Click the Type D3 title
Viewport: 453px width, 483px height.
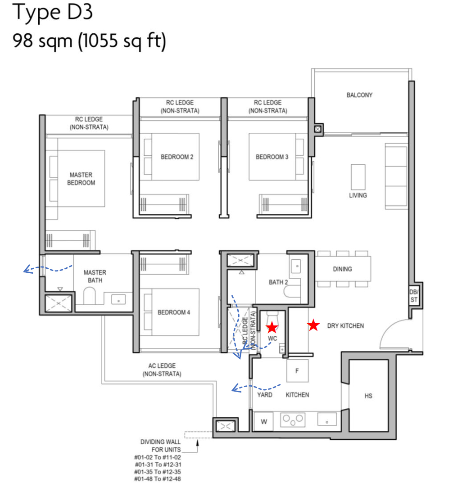(53, 13)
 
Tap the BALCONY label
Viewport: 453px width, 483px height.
(359, 95)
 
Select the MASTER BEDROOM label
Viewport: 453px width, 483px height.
(81, 179)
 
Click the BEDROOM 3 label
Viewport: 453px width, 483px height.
(272, 157)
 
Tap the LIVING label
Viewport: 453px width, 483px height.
(358, 195)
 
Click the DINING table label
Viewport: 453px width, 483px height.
(342, 269)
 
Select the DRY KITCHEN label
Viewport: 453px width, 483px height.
(345, 325)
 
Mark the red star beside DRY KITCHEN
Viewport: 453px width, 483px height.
(313, 325)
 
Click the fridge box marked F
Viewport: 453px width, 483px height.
(297, 371)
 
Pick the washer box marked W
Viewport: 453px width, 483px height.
(264, 422)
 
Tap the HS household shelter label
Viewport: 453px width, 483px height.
(368, 396)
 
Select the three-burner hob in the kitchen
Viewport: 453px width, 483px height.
(293, 420)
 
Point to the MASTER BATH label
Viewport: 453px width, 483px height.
(95, 276)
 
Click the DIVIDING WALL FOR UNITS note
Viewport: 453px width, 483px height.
(160, 446)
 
